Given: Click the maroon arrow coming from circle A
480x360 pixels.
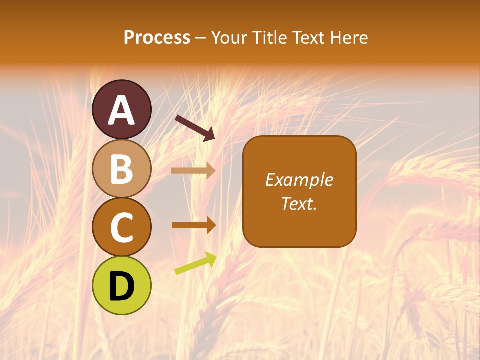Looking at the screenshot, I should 195,128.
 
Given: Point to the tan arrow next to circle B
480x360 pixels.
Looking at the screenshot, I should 193,171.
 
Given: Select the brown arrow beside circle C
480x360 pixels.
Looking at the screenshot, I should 193,225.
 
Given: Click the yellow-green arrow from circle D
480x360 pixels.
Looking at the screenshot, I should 195,264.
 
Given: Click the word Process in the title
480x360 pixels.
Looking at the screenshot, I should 157,38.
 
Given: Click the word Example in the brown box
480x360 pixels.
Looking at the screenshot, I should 299,180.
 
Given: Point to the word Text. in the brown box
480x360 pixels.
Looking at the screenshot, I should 299,204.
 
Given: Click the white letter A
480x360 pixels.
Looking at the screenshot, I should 122,111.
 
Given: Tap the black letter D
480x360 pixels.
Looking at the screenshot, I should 122,286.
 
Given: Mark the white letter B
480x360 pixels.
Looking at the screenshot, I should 122,169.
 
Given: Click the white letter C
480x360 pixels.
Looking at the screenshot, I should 122,228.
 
